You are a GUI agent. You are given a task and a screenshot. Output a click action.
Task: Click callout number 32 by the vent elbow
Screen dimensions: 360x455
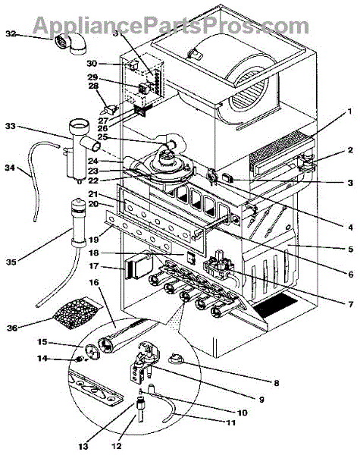coord(11,34)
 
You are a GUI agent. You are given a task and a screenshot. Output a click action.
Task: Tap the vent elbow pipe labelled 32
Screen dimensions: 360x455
coord(70,43)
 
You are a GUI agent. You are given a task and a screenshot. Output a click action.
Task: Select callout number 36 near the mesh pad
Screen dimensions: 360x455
coord(12,328)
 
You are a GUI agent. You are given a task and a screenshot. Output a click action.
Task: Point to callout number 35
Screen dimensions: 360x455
coord(12,262)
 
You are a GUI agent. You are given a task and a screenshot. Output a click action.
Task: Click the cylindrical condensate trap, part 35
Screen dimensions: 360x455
coord(78,221)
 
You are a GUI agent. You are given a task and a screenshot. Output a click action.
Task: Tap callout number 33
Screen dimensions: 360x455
coord(11,127)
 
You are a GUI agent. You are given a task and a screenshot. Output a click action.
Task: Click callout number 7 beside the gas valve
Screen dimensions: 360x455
coord(351,304)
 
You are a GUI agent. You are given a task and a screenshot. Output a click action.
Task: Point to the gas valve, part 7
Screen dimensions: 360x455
coord(221,265)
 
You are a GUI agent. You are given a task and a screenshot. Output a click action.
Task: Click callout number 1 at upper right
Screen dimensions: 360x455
coord(350,111)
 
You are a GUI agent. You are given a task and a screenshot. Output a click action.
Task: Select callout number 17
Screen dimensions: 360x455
coord(94,266)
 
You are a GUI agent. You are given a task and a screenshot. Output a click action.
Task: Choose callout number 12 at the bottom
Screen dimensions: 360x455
coord(117,446)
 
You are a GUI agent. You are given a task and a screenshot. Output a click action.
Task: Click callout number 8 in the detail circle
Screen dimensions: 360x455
coord(276,383)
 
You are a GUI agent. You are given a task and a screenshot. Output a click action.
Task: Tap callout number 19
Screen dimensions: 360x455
coord(94,240)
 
